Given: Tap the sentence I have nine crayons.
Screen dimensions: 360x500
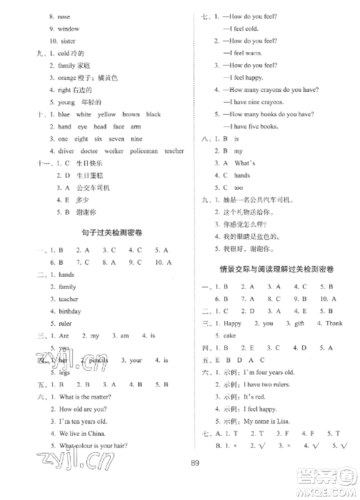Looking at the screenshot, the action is point(253,101).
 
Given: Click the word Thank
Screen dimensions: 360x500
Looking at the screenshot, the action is point(334,323).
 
